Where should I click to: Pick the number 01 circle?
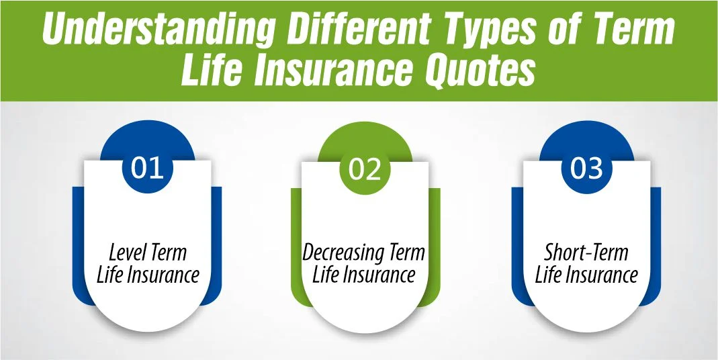point(147,167)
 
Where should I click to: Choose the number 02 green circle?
point(365,169)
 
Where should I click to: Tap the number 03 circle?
point(586,168)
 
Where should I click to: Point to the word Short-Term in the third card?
point(586,253)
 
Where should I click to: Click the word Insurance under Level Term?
point(161,275)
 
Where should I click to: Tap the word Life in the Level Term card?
point(109,275)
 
